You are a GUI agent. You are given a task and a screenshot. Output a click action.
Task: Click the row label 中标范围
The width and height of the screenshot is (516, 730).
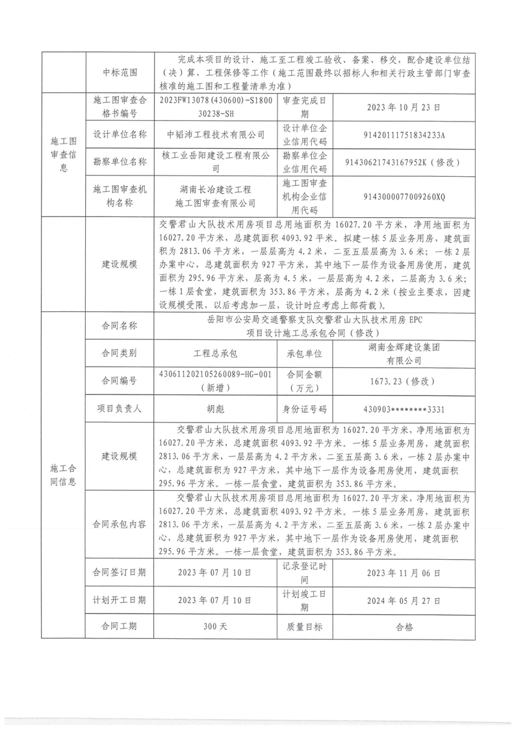(x=120, y=73)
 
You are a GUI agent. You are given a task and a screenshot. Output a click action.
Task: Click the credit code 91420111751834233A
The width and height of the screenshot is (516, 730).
(x=399, y=135)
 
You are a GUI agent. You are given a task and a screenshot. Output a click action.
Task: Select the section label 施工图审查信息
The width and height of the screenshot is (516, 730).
(x=64, y=153)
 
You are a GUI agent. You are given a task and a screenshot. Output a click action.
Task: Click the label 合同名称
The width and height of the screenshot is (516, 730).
(x=120, y=326)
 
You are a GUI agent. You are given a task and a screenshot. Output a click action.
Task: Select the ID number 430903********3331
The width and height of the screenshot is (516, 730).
(x=399, y=410)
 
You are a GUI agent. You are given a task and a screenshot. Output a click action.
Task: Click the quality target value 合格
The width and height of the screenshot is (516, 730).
(x=399, y=628)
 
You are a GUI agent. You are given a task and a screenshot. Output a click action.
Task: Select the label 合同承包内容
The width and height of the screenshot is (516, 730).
(x=120, y=523)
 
